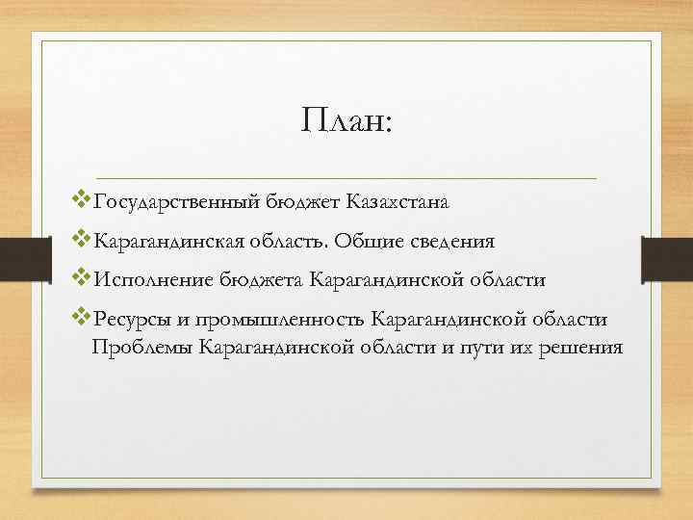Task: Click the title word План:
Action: (x=346, y=122)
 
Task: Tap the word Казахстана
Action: (x=391, y=203)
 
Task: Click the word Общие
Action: (x=389, y=242)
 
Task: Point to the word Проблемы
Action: (x=142, y=346)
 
